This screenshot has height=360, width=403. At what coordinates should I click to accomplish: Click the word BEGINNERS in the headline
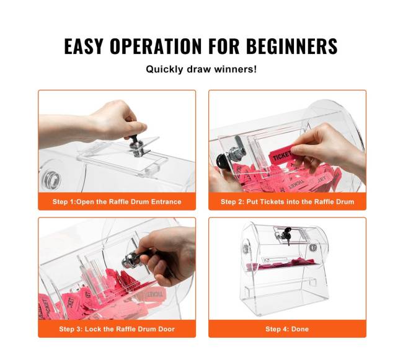tap(292, 46)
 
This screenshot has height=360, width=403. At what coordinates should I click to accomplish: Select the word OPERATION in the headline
tap(156, 46)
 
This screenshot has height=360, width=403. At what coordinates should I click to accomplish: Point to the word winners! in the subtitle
tap(236, 69)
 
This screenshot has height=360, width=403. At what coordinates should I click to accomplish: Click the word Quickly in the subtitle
tap(165, 69)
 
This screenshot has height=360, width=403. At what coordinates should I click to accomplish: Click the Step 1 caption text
tap(117, 201)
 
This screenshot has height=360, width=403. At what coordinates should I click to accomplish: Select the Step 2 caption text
tap(287, 201)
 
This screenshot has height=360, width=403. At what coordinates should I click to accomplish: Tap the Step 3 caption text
tap(117, 329)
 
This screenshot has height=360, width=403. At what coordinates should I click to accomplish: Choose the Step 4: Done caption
tap(287, 329)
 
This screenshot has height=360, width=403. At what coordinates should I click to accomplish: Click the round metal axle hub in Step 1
tap(51, 179)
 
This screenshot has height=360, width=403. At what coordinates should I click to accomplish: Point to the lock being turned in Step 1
tap(137, 146)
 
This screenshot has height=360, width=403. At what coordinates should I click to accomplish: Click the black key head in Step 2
tap(222, 161)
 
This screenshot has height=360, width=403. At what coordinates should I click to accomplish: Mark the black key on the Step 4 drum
tap(286, 234)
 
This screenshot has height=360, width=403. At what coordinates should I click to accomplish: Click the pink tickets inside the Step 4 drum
tap(280, 264)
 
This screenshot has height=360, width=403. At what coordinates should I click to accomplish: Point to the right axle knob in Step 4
tap(312, 247)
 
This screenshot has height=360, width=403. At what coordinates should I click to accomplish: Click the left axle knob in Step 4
tap(246, 248)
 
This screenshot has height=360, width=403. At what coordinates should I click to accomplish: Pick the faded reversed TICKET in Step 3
tap(154, 294)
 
